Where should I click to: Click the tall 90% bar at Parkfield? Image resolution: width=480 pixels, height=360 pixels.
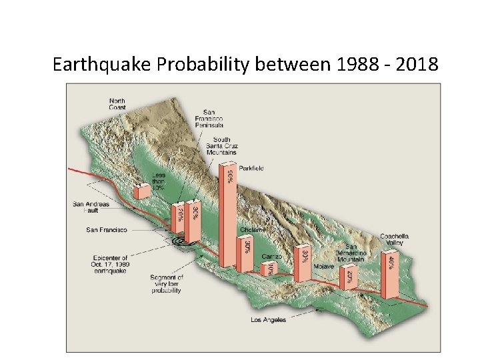(x=227, y=213)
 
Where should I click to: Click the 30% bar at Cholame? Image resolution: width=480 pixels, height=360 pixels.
(x=245, y=253)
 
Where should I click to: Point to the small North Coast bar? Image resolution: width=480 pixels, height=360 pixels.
(x=141, y=191)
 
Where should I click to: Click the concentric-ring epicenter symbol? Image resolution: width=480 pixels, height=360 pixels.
(x=179, y=241)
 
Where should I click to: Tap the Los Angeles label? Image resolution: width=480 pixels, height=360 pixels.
(x=269, y=320)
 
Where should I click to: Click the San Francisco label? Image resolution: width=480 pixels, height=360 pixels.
(x=106, y=229)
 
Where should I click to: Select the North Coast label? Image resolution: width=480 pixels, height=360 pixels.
(x=117, y=105)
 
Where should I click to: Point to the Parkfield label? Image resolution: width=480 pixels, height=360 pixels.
(x=251, y=169)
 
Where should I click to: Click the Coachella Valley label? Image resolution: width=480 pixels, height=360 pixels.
(x=394, y=239)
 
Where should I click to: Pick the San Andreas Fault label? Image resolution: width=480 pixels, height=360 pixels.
(x=91, y=207)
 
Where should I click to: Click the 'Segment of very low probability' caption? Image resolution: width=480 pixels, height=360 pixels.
(x=167, y=283)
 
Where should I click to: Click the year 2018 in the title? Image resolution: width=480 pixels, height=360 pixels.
(x=417, y=65)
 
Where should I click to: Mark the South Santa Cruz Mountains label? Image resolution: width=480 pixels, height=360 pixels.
(x=222, y=146)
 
